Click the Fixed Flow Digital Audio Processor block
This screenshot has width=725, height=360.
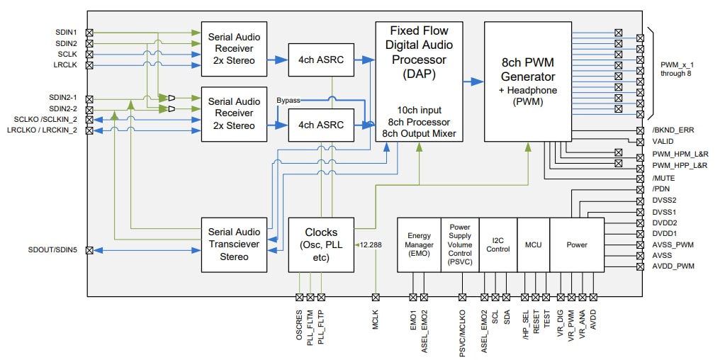click(419, 81)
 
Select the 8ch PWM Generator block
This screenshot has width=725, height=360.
click(528, 81)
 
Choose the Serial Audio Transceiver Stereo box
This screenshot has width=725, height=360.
click(234, 244)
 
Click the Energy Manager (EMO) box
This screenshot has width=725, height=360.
click(419, 244)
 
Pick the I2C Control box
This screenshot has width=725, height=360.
click(498, 244)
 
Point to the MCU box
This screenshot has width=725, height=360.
click(533, 244)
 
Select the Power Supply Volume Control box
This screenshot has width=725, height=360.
click(459, 244)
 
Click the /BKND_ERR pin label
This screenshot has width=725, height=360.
click(673, 131)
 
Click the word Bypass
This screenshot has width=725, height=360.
click(288, 101)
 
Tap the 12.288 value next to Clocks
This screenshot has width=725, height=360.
click(371, 244)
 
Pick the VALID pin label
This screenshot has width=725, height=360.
click(663, 142)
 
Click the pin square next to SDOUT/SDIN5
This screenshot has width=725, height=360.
click(89, 250)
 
